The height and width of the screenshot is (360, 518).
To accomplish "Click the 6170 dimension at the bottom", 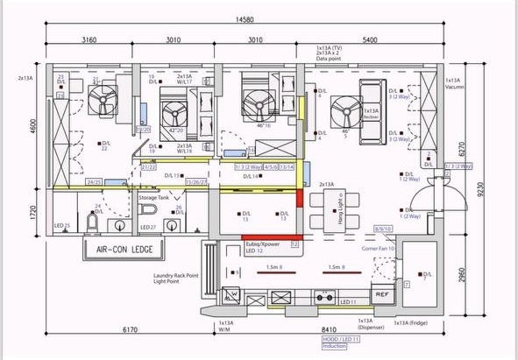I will coord(129,330).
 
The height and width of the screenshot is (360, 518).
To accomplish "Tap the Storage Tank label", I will coord(154,199).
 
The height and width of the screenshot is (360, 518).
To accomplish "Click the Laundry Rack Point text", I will coord(178,275).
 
